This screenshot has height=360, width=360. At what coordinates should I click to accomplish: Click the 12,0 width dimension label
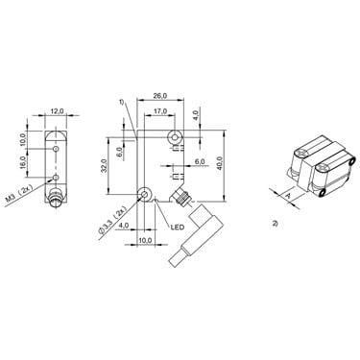(x=57, y=111)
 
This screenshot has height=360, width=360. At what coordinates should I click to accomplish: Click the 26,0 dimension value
(x=160, y=95)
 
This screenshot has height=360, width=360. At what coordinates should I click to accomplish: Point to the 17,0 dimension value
(x=160, y=111)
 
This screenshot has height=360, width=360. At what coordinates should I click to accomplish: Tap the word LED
(x=178, y=228)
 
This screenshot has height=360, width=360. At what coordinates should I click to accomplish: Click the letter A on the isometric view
(x=287, y=196)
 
